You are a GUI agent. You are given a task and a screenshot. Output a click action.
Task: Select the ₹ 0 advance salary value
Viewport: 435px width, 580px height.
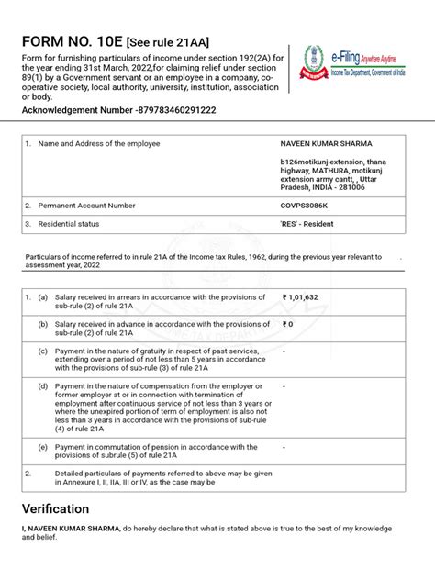[x=288, y=324]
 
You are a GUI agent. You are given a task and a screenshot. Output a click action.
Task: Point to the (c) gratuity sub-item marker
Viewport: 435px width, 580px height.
[x=42, y=351]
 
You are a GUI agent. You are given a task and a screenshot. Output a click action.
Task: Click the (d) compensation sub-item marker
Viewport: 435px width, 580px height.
[x=42, y=386]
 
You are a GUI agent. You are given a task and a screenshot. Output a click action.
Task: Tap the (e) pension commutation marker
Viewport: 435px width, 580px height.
[x=42, y=447]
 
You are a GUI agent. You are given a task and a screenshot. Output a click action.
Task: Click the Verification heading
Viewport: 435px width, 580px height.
[x=56, y=508]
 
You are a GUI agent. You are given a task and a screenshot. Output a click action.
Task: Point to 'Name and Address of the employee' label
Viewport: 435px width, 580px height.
[x=99, y=144]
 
